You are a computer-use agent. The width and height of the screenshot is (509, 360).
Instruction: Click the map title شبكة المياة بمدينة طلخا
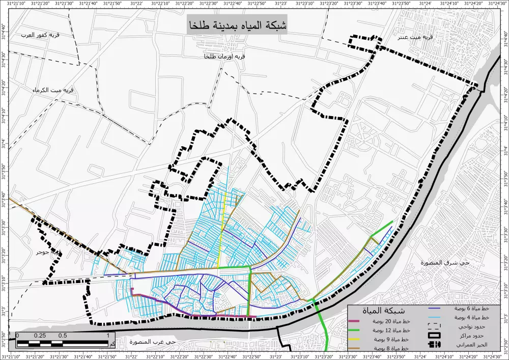237,25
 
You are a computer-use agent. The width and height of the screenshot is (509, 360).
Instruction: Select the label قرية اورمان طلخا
224,57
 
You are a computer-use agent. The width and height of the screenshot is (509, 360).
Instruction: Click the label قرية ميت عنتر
417,37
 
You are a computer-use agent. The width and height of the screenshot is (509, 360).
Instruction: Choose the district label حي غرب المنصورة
152,341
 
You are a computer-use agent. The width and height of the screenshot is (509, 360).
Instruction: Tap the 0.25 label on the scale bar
39,336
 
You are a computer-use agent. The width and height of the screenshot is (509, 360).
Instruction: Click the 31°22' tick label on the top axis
136,4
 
